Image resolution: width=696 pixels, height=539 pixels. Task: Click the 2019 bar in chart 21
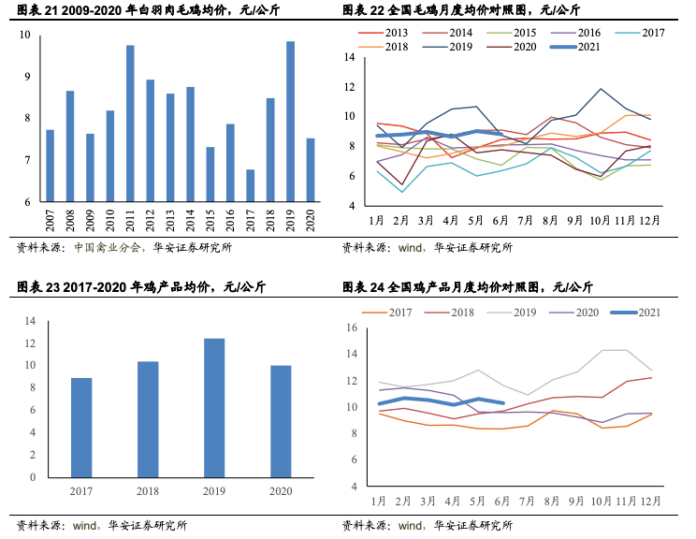[x=291, y=122]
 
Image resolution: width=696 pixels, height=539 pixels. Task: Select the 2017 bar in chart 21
[x=251, y=185]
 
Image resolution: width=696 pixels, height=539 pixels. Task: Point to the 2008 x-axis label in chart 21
[x=70, y=221]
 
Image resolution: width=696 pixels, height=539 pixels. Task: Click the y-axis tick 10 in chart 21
[x=24, y=35]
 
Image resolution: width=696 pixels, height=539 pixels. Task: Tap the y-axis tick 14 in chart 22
[x=349, y=57]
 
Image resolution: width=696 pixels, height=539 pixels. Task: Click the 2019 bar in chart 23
[x=214, y=407]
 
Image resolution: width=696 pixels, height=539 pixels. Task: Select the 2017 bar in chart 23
[x=81, y=427]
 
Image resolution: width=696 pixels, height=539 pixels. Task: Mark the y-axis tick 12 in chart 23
[x=30, y=342]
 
